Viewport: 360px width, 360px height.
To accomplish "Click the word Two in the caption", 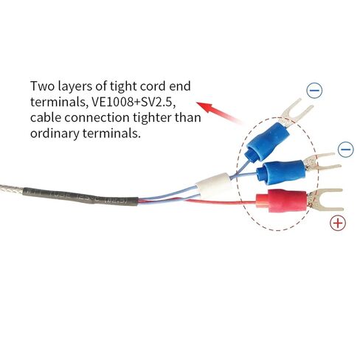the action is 42,86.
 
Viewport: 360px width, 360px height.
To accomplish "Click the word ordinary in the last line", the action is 55,134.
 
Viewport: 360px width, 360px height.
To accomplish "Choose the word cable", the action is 46,117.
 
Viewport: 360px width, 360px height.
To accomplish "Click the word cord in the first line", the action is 153,86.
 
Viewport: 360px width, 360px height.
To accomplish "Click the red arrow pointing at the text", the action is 220,112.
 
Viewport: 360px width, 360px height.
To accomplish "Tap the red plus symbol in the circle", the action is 338,223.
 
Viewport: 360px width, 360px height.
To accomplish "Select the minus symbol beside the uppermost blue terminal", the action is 314,91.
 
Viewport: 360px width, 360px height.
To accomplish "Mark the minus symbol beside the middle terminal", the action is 346,150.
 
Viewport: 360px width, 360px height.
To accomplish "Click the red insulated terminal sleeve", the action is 281,200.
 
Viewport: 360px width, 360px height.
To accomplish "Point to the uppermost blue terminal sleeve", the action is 267,142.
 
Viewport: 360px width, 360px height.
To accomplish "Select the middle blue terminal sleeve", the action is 280,172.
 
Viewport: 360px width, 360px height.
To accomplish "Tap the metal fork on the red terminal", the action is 324,201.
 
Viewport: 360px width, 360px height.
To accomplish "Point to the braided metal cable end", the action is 12,189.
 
